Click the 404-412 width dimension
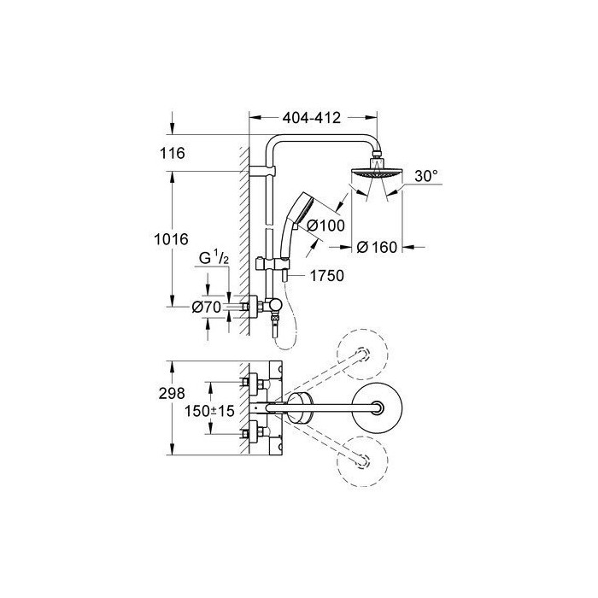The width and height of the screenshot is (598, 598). pos(311,118)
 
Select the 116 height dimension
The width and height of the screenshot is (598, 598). pos(172,153)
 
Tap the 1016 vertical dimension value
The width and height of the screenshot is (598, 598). pos(171,239)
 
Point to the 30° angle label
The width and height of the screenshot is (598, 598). pos(426,176)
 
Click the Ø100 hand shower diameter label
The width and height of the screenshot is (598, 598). pos(325,225)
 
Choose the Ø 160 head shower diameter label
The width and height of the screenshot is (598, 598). pos(377,247)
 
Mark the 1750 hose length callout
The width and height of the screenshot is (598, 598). pos(327,275)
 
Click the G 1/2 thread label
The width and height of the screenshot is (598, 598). pos(214,258)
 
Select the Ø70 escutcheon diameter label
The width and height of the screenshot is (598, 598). pos(207,307)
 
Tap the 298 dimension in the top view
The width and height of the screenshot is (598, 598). pos(172,393)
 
